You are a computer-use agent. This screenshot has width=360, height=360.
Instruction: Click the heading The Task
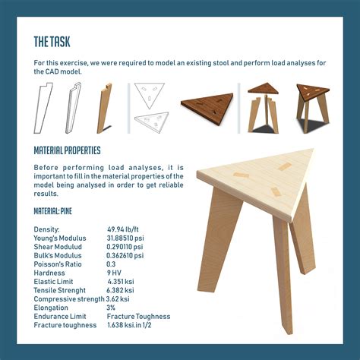(x=52, y=42)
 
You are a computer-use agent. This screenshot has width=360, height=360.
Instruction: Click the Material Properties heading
(x=67, y=150)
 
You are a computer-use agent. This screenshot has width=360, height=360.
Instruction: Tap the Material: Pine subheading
(x=53, y=211)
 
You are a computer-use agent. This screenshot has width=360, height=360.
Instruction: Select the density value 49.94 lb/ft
(x=123, y=229)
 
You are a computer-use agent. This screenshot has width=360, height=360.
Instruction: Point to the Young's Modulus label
(x=60, y=238)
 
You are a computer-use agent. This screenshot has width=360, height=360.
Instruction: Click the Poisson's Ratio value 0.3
(x=111, y=264)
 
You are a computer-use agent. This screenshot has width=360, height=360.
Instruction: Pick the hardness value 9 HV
(x=114, y=273)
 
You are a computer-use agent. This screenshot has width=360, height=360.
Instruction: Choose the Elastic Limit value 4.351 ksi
(x=121, y=282)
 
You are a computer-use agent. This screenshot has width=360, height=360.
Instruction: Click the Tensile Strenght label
(x=60, y=290)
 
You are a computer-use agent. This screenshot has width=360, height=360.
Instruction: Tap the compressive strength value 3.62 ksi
(x=118, y=299)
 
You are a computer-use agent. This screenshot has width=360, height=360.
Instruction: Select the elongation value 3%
(x=111, y=308)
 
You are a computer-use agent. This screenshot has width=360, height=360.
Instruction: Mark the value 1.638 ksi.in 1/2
(x=129, y=325)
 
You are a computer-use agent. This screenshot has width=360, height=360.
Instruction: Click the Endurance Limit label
(x=60, y=317)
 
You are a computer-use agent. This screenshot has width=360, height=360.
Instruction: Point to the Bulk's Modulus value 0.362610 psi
(x=125, y=255)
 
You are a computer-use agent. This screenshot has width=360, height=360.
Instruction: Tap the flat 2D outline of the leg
(x=43, y=108)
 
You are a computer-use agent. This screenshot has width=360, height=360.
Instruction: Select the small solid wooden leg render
(x=104, y=108)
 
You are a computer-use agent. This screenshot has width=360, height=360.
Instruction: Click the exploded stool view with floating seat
(x=264, y=108)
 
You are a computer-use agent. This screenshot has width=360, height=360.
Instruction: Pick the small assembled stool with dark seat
(x=313, y=109)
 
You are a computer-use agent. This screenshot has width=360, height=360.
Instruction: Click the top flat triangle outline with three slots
(x=150, y=94)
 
